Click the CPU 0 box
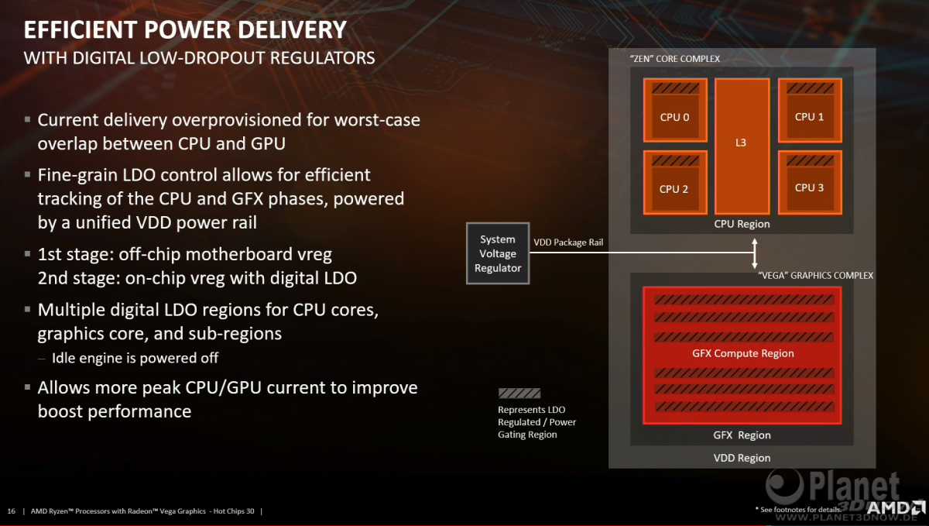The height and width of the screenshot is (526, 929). point(675,110)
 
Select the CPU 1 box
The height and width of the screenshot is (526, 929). point(810,110)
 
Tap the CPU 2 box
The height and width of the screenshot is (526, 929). point(675,183)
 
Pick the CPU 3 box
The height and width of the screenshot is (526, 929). point(810,183)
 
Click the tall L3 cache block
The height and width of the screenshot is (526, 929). point(742,146)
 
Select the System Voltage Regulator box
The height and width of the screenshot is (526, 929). point(498,253)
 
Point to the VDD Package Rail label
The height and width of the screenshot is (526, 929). point(568,242)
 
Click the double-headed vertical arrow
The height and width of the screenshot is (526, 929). point(755,253)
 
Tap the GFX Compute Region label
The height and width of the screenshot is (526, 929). point(742,353)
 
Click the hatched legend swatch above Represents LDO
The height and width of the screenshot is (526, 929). point(519,394)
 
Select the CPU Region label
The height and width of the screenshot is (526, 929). point(742,224)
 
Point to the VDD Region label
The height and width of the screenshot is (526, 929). point(742,458)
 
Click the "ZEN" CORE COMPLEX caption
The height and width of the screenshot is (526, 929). point(675,59)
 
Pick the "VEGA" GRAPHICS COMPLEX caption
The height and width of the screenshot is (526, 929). point(815,276)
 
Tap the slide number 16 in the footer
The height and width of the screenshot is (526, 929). point(11,511)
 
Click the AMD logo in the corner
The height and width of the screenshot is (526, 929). point(896,507)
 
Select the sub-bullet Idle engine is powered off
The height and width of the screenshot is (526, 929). point(135,358)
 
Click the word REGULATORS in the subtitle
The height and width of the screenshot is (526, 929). point(322,58)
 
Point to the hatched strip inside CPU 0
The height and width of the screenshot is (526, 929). point(675,88)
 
